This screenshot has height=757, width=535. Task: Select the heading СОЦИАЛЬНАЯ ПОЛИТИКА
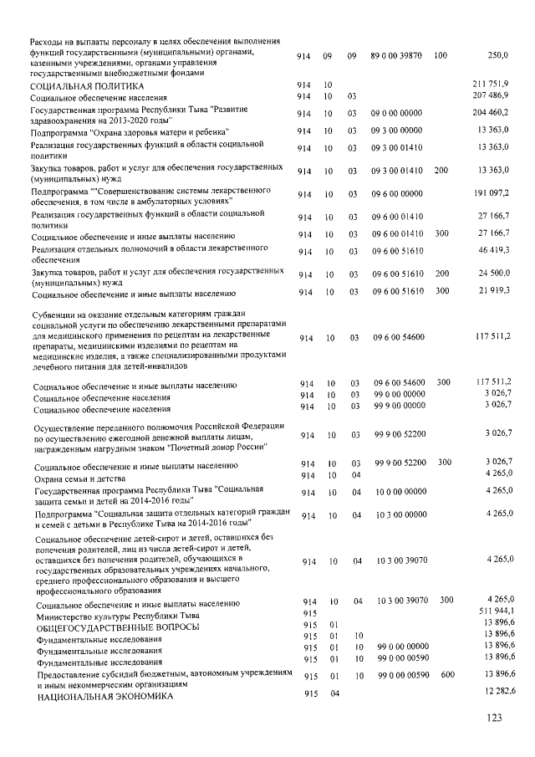point(87,86)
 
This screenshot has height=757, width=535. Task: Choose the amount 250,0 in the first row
point(498,55)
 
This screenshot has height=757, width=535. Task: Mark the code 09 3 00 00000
point(397,132)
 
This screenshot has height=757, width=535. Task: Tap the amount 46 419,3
point(493,250)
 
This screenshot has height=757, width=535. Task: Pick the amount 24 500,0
point(493,274)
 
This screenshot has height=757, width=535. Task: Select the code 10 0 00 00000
point(397,493)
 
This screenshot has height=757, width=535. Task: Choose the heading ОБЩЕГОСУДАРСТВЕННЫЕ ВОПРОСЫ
point(115,627)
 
